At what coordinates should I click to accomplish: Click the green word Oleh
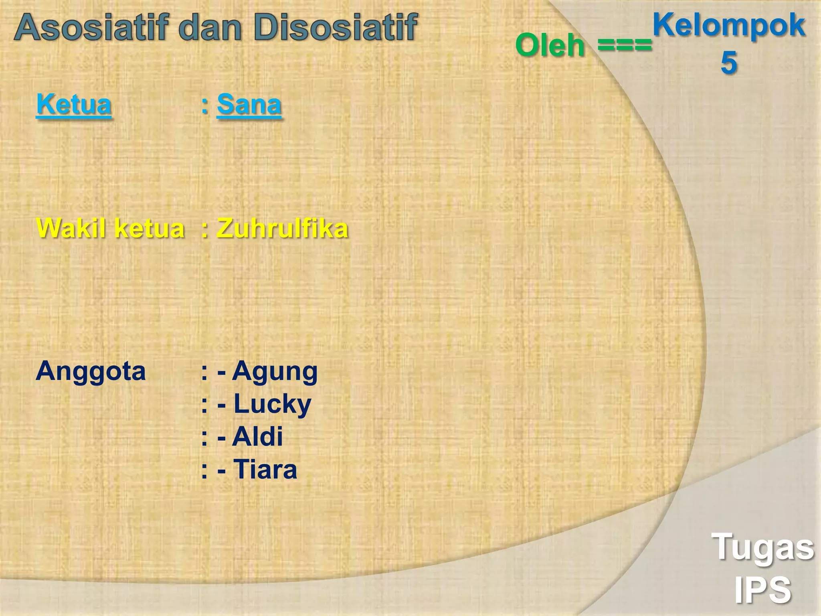[x=550, y=45]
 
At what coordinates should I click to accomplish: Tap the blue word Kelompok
[x=729, y=25]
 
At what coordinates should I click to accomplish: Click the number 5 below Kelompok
[x=729, y=63]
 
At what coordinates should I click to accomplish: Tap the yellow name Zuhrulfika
[x=282, y=228]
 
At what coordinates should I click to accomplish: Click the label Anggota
[x=91, y=371]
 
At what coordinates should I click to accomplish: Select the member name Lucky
[x=272, y=404]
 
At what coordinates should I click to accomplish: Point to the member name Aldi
[x=258, y=436]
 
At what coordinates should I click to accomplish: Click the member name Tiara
[x=265, y=469]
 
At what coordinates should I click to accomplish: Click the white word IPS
[x=762, y=590]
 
